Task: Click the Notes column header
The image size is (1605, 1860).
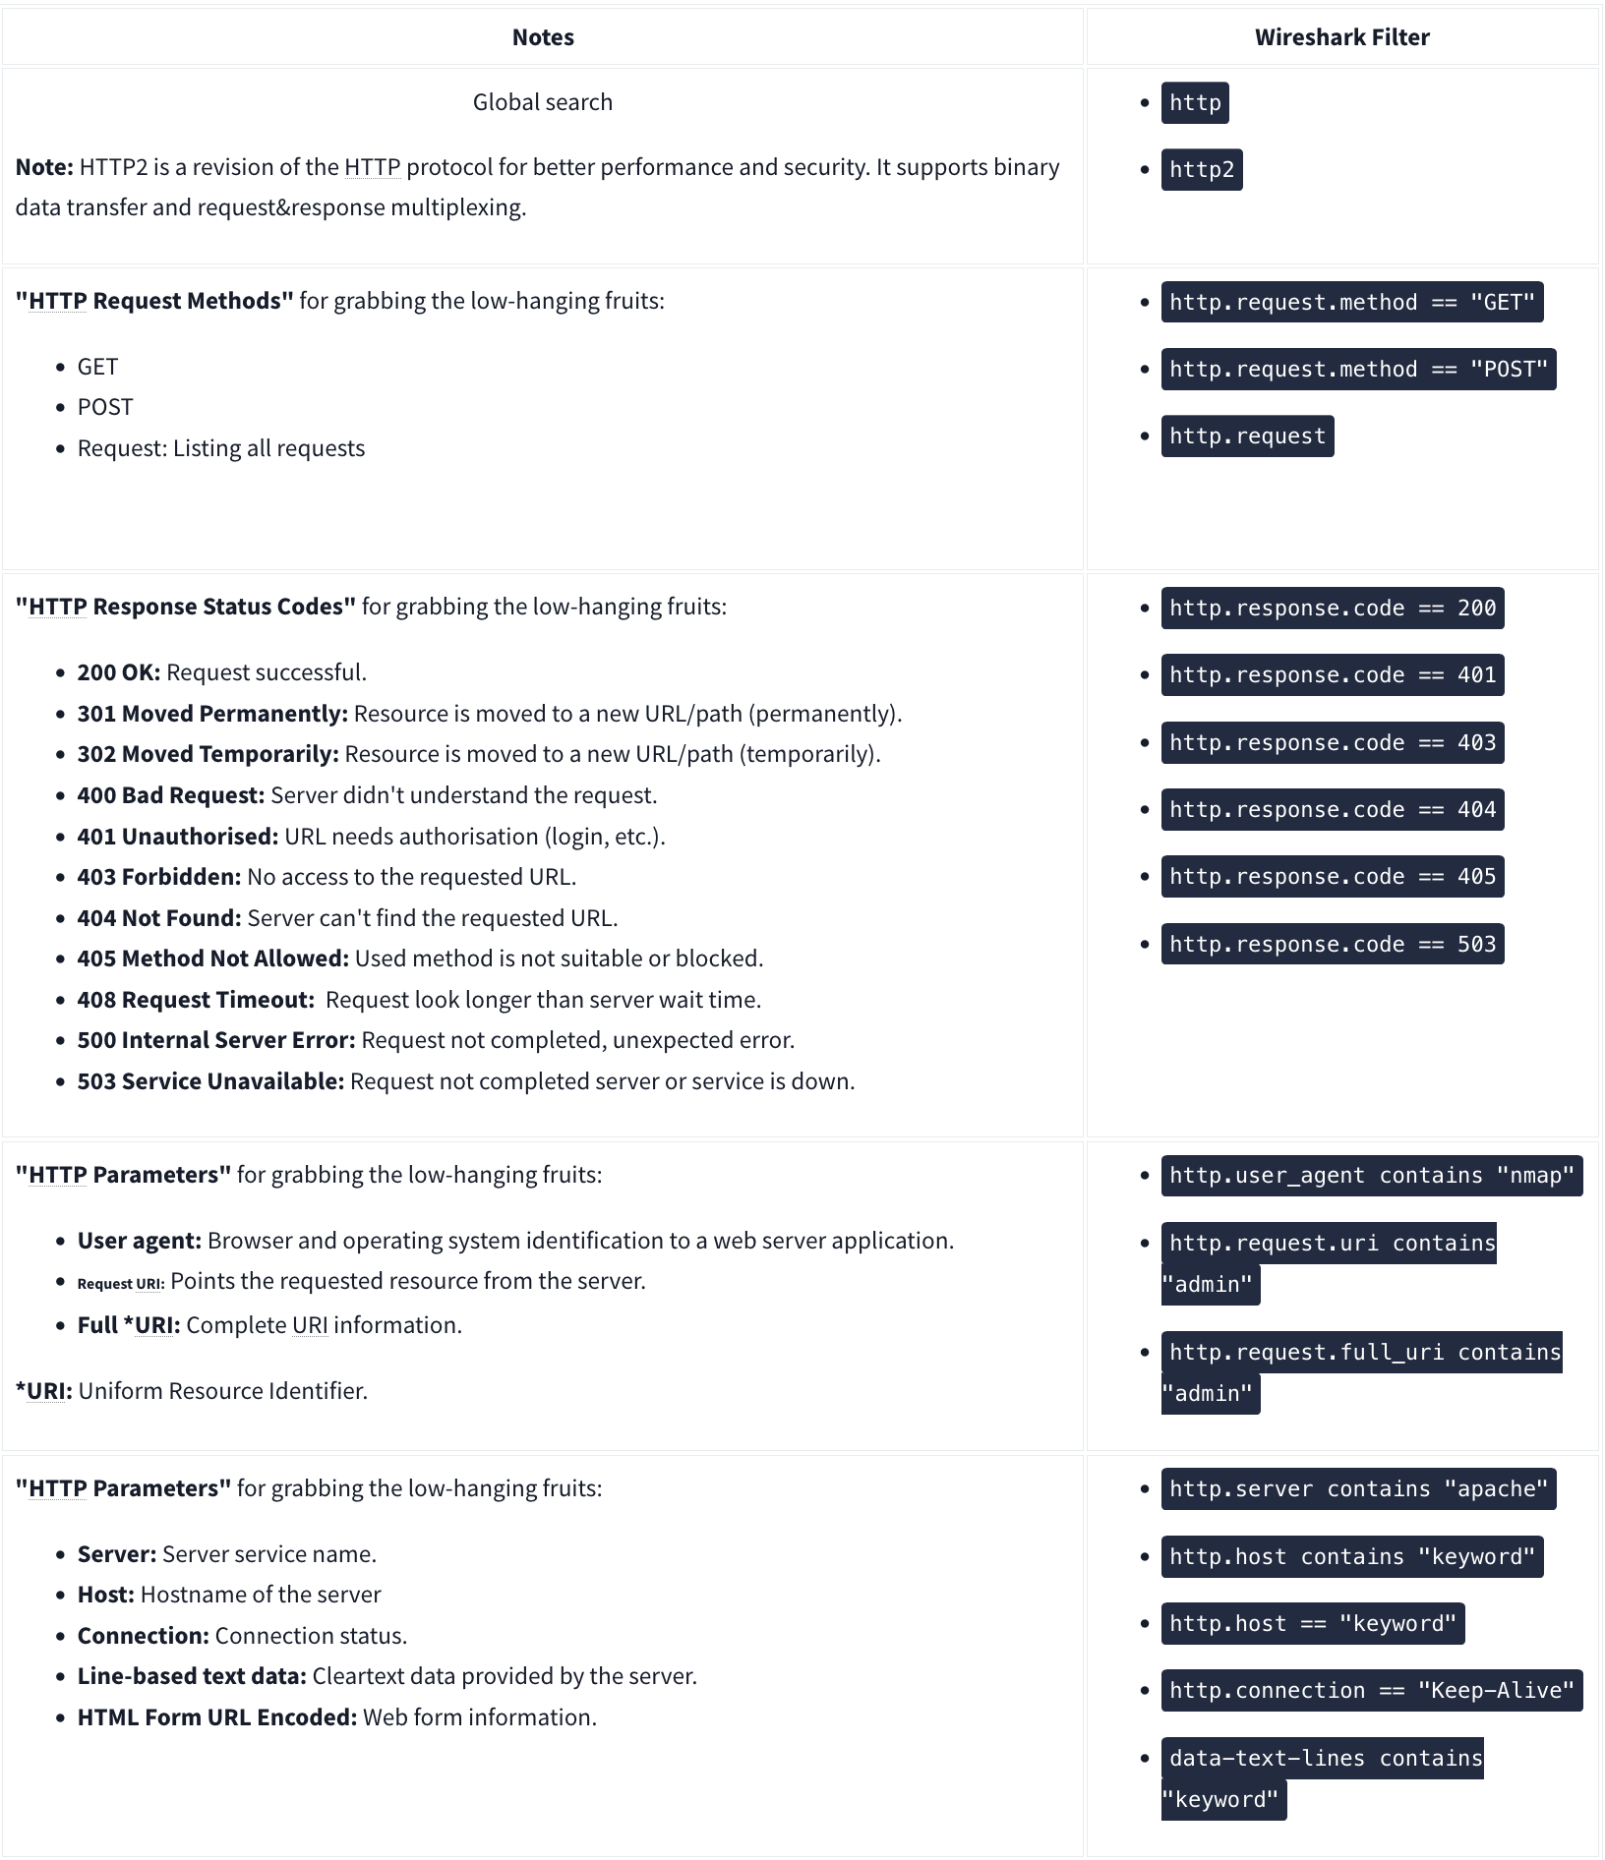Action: pyautogui.click(x=542, y=37)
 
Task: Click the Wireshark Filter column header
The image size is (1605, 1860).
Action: pyautogui.click(x=1341, y=37)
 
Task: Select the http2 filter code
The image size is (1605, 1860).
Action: pyautogui.click(x=1201, y=170)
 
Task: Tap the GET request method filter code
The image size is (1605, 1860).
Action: pyautogui.click(x=1351, y=302)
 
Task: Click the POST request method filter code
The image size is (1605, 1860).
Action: pyautogui.click(x=1358, y=370)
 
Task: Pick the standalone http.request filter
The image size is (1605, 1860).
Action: pyautogui.click(x=1247, y=436)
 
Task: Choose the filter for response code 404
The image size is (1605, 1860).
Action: pyautogui.click(x=1332, y=810)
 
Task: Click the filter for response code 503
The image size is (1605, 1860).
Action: pyautogui.click(x=1332, y=945)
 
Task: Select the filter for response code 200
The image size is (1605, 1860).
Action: pyautogui.click(x=1332, y=609)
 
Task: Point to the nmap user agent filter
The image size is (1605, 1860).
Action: pyautogui.click(x=1371, y=1176)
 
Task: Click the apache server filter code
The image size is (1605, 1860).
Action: pyautogui.click(x=1358, y=1489)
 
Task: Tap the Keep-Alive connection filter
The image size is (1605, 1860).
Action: pyautogui.click(x=1371, y=1691)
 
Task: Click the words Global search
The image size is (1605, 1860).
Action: pyautogui.click(x=542, y=102)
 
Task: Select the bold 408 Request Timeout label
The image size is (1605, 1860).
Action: pyautogui.click(x=196, y=1000)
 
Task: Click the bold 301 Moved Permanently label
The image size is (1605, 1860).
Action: pyautogui.click(x=212, y=714)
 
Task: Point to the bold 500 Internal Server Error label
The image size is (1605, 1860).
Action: pyautogui.click(x=216, y=1040)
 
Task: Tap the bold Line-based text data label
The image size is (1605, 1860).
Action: pyautogui.click(x=192, y=1676)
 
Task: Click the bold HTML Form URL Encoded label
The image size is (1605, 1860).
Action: pyautogui.click(x=217, y=1717)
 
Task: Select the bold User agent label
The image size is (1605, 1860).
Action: pyautogui.click(x=139, y=1241)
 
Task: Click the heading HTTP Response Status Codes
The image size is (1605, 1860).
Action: pyautogui.click(x=186, y=607)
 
